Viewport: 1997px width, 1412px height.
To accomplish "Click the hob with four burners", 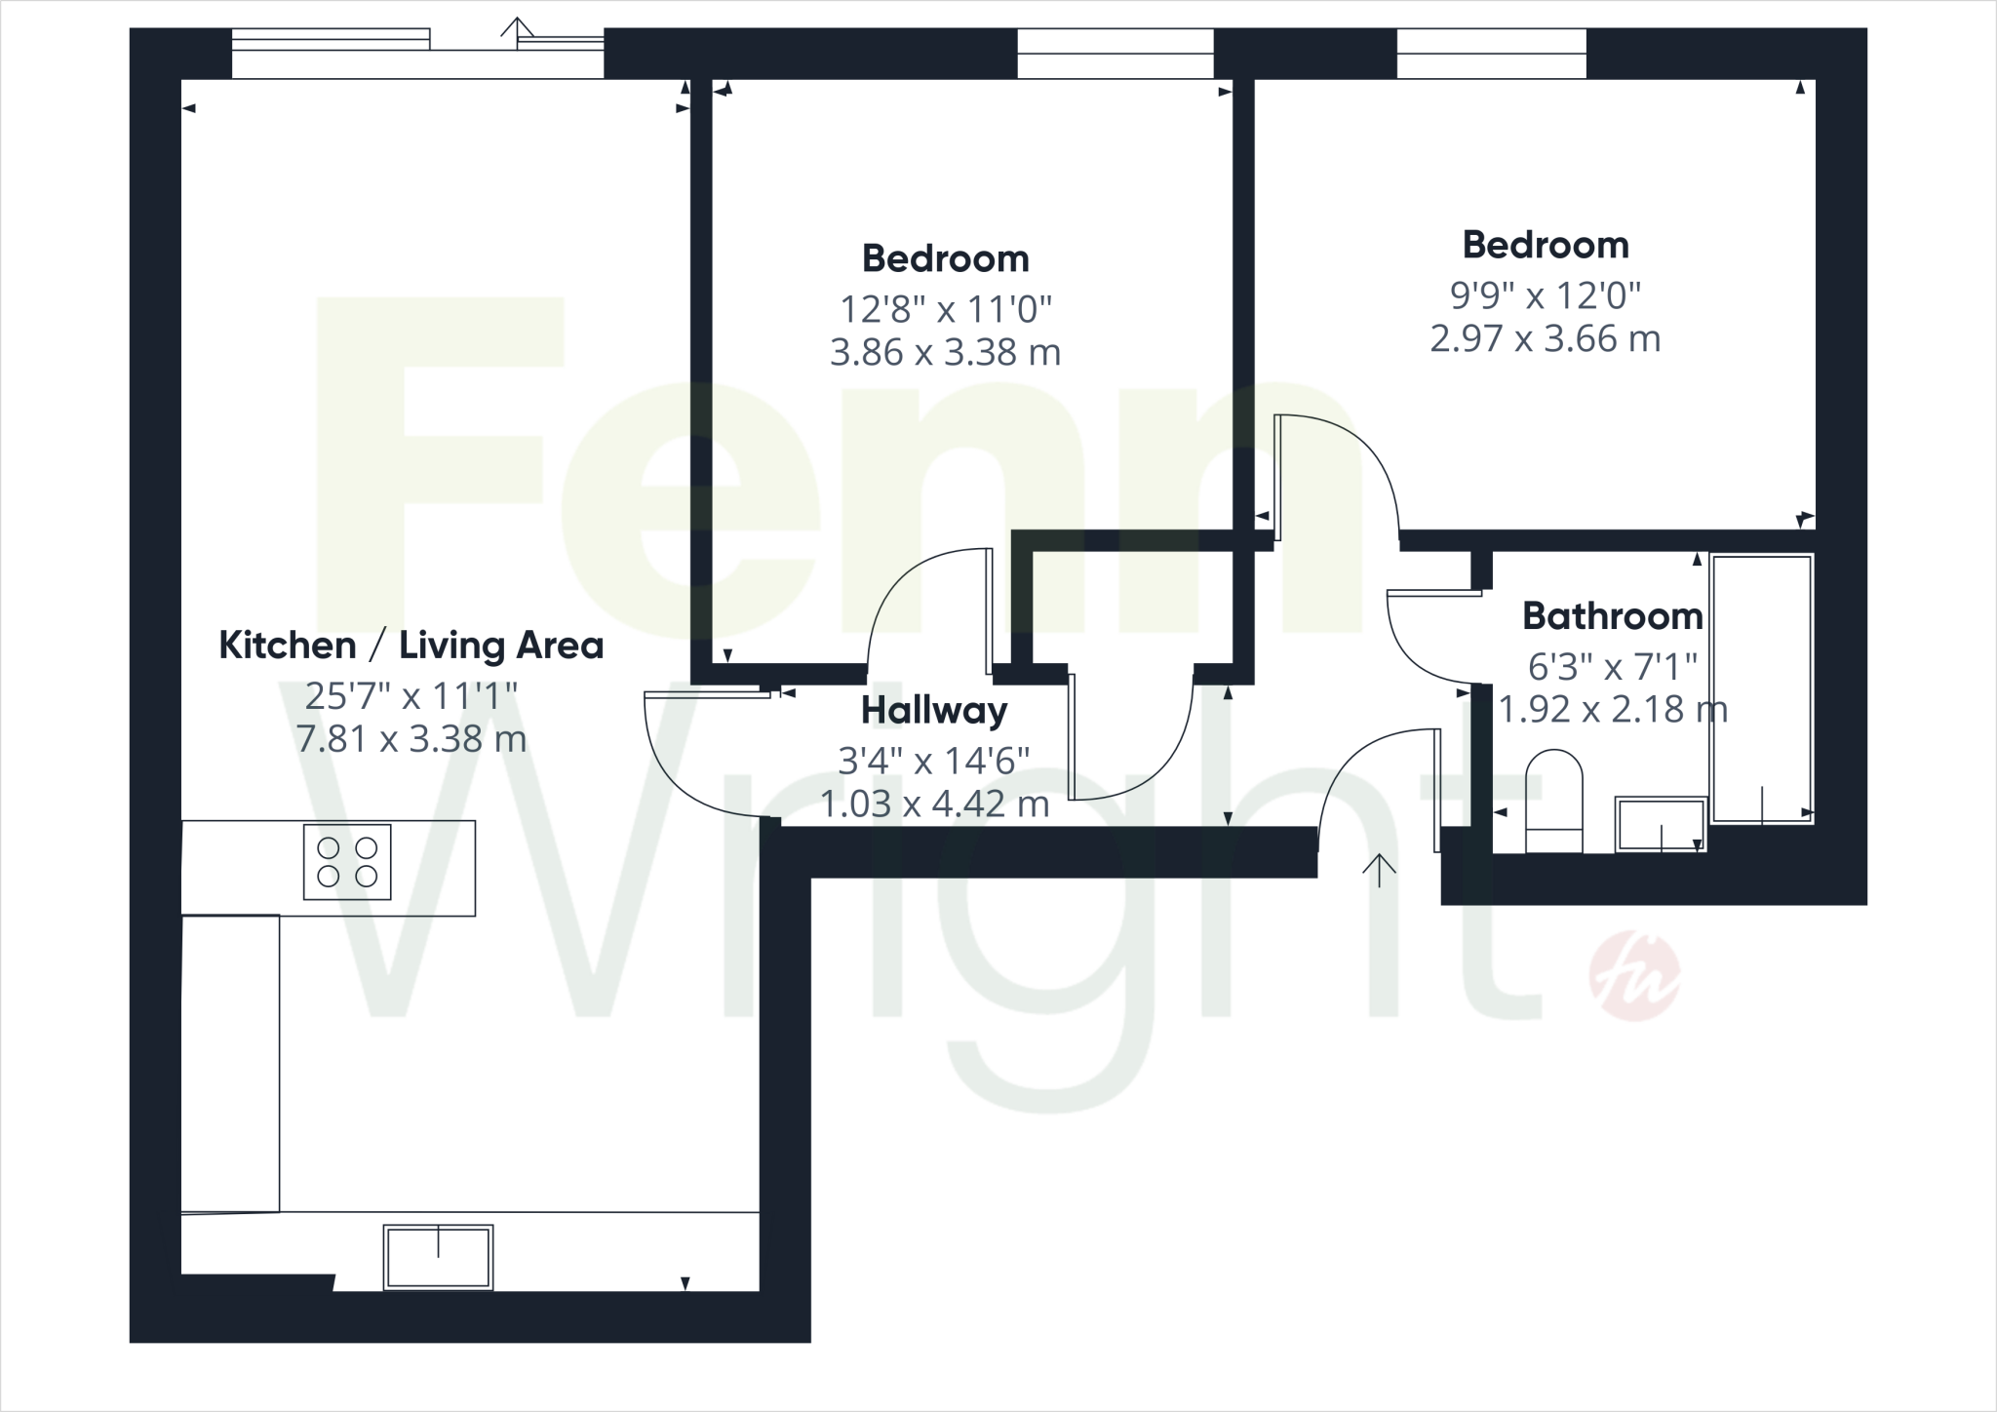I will tap(347, 862).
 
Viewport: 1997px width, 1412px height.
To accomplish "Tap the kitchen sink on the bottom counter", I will tap(438, 1256).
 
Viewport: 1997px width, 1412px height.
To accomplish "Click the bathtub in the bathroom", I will tap(1761, 688).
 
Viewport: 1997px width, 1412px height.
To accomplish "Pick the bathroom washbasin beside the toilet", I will tap(1661, 824).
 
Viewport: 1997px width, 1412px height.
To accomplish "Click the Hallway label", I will tap(933, 711).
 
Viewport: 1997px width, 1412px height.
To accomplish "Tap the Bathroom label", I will tap(1612, 616).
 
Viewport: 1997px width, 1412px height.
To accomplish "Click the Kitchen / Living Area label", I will tap(411, 646).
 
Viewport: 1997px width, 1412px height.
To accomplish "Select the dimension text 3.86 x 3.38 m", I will tap(945, 352).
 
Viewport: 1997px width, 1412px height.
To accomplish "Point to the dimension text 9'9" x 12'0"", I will tap(1546, 294).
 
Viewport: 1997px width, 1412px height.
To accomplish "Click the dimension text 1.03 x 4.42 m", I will tap(934, 804).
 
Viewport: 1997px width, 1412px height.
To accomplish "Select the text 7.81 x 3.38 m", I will tap(411, 738).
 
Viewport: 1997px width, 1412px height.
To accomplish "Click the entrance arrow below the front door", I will tap(1379, 870).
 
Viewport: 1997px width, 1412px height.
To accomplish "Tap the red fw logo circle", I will tap(1634, 976).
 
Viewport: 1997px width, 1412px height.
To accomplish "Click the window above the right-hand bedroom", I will tap(1491, 53).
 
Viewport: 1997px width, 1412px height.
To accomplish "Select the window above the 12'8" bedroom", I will tap(1116, 53).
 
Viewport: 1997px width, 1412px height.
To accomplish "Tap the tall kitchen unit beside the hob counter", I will tap(230, 1063).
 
